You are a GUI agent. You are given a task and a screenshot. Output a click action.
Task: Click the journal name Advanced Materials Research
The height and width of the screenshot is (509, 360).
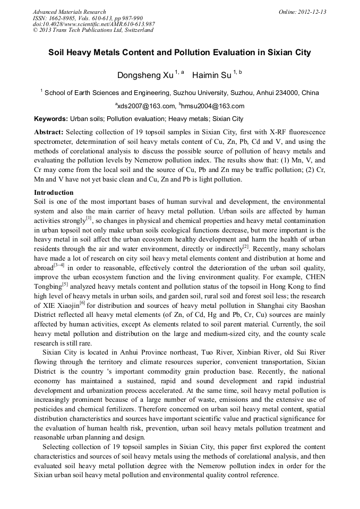tap(69, 12)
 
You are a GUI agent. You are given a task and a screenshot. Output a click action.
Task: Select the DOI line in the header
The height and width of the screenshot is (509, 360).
tap(93, 24)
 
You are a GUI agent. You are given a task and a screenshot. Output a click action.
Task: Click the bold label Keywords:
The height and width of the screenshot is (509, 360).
tap(51, 119)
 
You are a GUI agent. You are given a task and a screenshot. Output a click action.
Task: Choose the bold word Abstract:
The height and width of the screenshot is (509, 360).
tap(49, 132)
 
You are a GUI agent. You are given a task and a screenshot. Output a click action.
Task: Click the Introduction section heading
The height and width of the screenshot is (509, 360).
tap(54, 193)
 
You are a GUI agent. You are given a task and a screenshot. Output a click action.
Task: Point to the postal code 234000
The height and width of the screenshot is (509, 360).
tap(287, 93)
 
